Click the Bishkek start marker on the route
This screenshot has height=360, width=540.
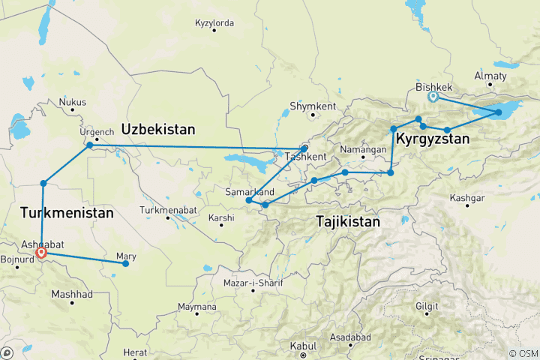pos(433,96)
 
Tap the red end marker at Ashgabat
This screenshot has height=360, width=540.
pos(41,253)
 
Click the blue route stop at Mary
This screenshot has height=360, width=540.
pos(126,263)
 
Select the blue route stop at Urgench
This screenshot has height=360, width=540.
pos(89,145)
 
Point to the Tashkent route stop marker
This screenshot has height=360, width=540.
pos(304,148)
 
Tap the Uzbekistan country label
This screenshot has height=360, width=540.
pos(158,129)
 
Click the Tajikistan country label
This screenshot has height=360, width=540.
pos(347,222)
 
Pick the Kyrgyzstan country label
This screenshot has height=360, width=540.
pos(433,139)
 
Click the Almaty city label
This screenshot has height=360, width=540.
pos(490,76)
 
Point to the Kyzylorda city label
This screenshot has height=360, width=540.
pos(214,23)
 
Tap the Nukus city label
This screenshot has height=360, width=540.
pos(73,102)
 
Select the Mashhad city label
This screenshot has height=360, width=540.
pos(72,294)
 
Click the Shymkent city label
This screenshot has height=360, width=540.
pos(313,106)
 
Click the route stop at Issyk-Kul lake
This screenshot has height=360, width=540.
pos(498,112)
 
